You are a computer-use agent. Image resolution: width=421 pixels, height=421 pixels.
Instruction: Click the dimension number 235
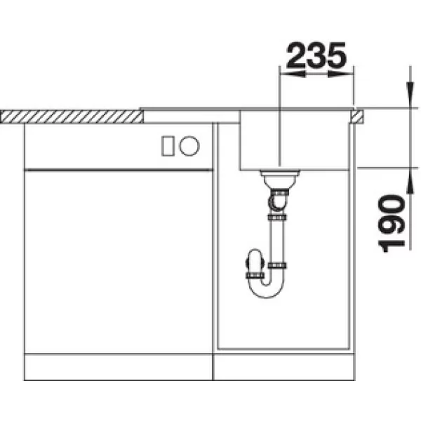pyautogui.click(x=316, y=55)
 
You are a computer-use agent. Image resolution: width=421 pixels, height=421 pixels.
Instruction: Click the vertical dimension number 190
pyautogui.click(x=391, y=224)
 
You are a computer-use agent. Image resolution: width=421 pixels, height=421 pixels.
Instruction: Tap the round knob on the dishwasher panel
pyautogui.click(x=189, y=146)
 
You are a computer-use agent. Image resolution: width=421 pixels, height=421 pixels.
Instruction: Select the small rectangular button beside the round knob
pyautogui.click(x=168, y=146)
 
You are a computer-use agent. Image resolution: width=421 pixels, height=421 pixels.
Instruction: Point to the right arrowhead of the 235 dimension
pyautogui.click(x=340, y=74)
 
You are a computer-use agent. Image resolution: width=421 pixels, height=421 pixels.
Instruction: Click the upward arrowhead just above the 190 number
pyautogui.click(x=410, y=181)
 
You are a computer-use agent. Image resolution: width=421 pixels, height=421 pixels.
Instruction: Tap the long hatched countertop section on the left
pyautogui.click(x=72, y=116)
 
